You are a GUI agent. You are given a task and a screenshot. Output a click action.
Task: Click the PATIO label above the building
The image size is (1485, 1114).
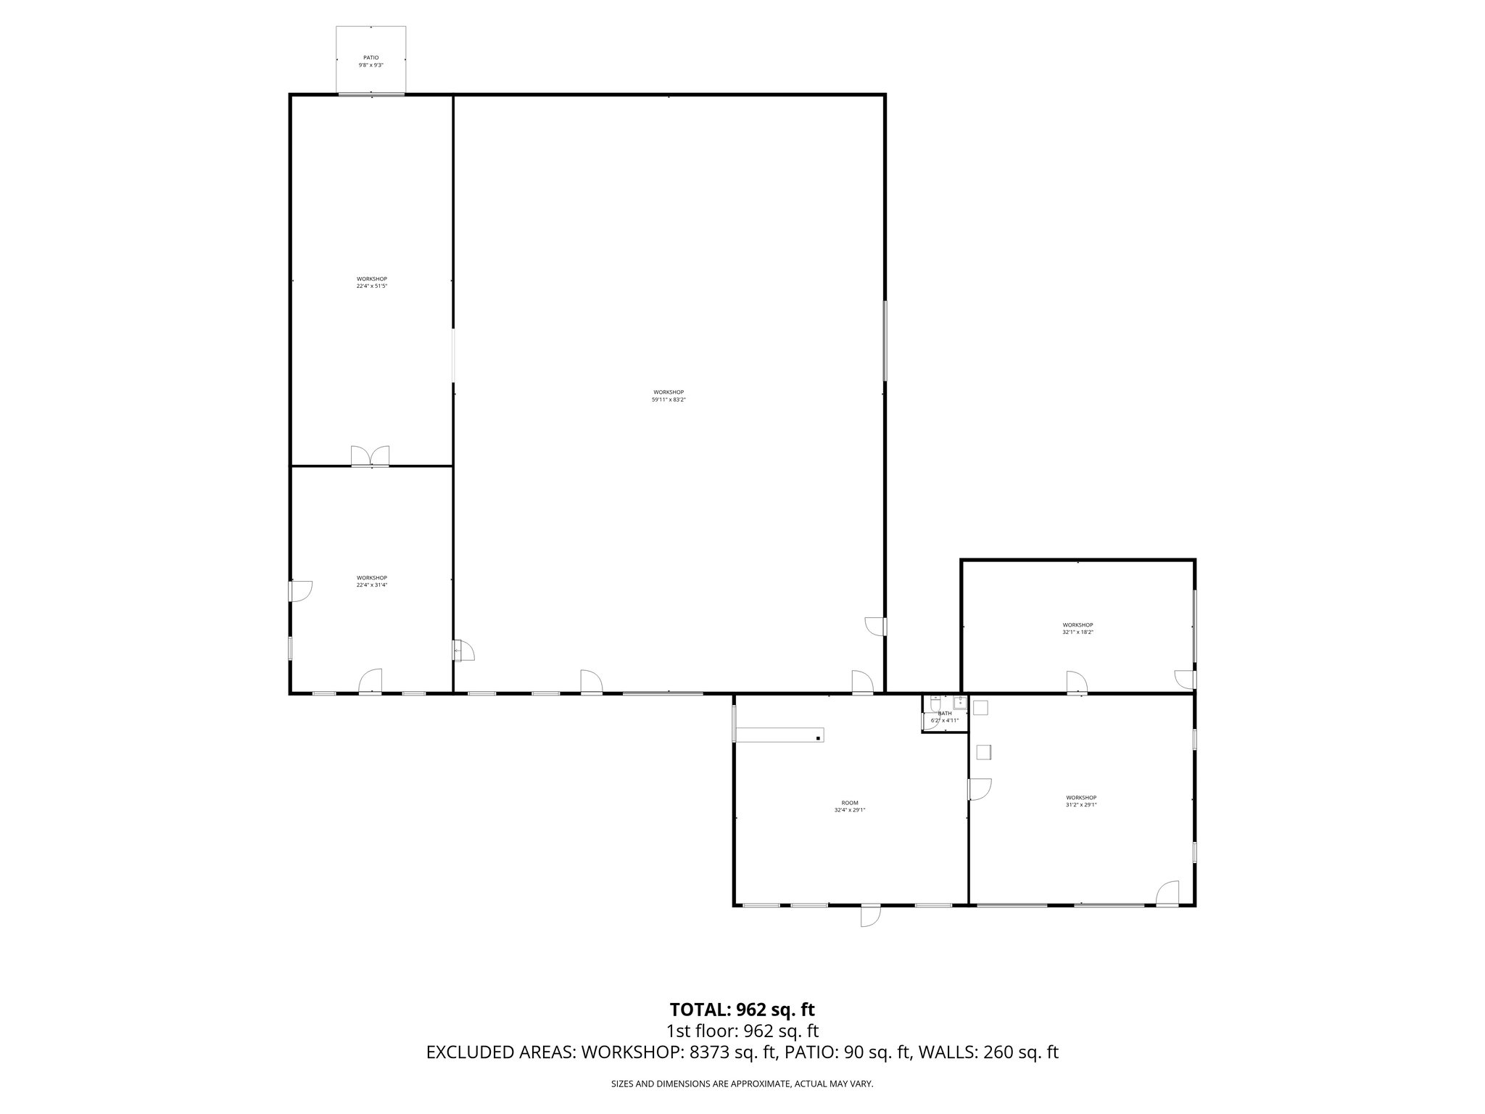(371, 57)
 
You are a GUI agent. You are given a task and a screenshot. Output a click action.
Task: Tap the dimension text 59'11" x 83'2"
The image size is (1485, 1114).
(668, 400)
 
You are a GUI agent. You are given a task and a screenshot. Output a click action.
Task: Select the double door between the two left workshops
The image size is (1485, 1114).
(370, 456)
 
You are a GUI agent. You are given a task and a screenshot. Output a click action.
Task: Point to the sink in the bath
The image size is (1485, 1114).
(959, 701)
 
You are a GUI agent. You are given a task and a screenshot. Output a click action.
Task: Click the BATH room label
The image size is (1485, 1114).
(944, 714)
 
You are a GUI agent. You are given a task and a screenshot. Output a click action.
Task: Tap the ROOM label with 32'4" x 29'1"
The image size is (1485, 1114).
(850, 803)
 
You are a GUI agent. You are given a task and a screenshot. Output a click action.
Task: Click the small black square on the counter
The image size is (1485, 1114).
(818, 738)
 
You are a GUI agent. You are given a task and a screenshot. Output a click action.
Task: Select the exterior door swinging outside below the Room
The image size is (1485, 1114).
(869, 915)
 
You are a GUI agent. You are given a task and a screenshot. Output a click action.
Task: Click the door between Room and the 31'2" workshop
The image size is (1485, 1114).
(979, 789)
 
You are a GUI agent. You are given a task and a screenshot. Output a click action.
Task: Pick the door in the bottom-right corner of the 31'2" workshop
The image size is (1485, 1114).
(1167, 894)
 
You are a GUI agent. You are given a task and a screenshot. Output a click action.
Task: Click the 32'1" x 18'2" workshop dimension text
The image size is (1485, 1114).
(1077, 632)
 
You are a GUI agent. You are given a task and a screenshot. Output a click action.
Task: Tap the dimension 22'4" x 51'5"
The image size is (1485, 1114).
(371, 286)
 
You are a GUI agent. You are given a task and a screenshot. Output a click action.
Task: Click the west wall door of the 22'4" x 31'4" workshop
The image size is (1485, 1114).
(299, 591)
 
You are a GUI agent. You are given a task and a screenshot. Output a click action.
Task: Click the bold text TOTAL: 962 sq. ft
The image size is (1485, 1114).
(742, 1009)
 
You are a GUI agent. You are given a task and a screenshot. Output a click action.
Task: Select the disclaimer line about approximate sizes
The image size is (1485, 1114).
(742, 1084)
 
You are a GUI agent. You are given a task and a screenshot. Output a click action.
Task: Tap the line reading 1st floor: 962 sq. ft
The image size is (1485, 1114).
(742, 1031)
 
